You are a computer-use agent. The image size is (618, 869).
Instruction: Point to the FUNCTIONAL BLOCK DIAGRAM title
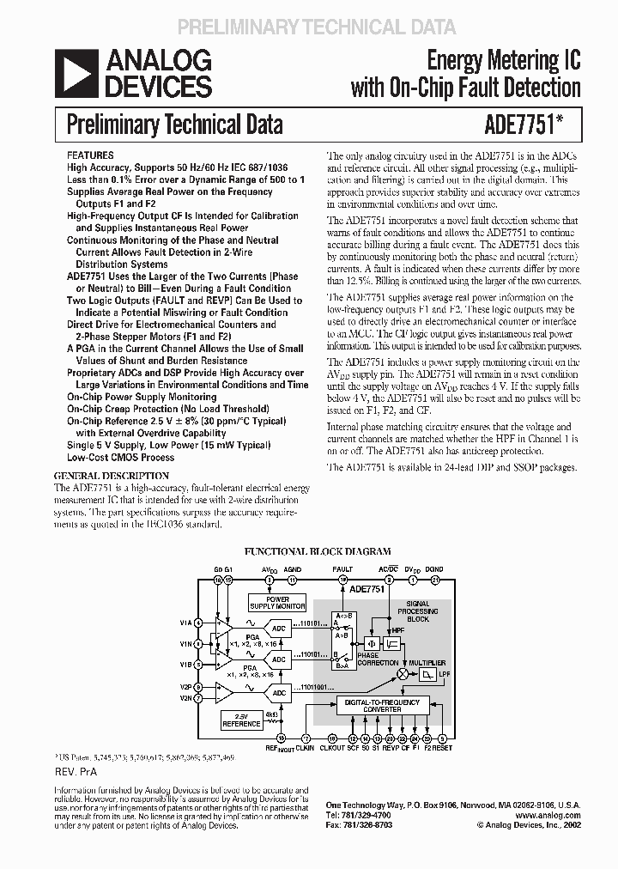[x=318, y=551]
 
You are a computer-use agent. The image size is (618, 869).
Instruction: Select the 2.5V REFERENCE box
[x=243, y=719]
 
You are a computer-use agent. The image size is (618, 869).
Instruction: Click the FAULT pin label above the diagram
[x=342, y=569]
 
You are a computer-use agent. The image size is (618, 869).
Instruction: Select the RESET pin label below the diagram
[x=442, y=749]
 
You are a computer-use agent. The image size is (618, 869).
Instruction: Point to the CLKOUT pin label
[x=332, y=749]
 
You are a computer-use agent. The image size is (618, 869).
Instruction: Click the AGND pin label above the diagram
[x=293, y=569]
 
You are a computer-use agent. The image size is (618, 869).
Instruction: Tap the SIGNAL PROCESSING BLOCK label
[x=418, y=611]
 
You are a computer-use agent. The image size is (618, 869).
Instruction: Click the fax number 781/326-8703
[x=367, y=824]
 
